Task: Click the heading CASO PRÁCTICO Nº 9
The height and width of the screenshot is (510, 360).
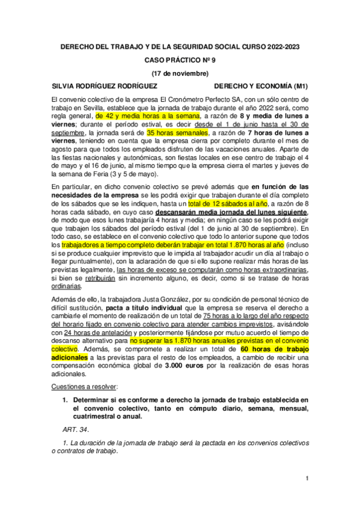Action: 180,60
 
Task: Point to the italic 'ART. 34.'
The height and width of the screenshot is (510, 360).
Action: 76,428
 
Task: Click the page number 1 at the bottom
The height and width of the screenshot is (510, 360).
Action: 307,478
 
